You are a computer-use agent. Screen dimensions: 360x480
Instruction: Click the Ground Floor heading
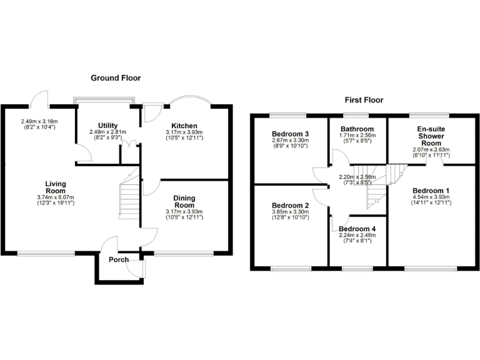coord(116,78)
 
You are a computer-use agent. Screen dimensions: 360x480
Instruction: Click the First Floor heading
coord(364,100)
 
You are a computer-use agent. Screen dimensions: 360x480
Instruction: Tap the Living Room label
coord(55,187)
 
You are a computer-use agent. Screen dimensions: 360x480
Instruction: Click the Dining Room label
coord(184,201)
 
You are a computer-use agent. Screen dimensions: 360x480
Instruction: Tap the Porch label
coord(119,259)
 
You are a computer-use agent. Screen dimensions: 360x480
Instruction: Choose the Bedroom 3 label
coord(290,134)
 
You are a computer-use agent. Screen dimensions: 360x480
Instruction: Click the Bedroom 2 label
coord(290,206)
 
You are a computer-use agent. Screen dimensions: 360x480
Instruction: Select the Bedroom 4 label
coord(357,229)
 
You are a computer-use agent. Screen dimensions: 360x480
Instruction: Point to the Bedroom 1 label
coord(431,190)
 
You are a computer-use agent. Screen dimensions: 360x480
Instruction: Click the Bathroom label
coord(357,129)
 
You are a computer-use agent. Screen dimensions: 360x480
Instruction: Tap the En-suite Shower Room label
coord(431,136)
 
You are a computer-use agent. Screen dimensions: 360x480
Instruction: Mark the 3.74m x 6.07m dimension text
coord(55,197)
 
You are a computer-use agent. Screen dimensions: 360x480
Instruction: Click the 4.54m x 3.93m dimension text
coord(431,197)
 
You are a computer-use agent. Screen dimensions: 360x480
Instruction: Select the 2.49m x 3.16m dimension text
coord(39,121)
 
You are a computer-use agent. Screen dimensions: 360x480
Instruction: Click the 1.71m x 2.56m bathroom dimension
coord(357,135)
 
